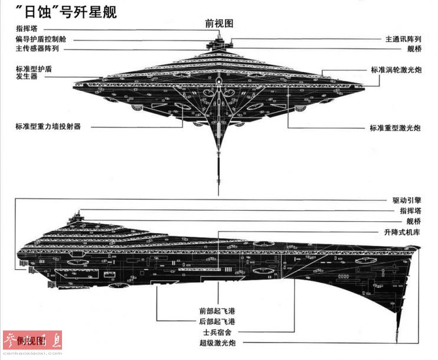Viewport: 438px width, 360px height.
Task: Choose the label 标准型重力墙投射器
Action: (48, 126)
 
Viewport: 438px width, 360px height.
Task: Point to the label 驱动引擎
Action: (407, 200)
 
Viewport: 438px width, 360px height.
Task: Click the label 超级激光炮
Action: (216, 343)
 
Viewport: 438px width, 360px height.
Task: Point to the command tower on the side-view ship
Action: (75, 217)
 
